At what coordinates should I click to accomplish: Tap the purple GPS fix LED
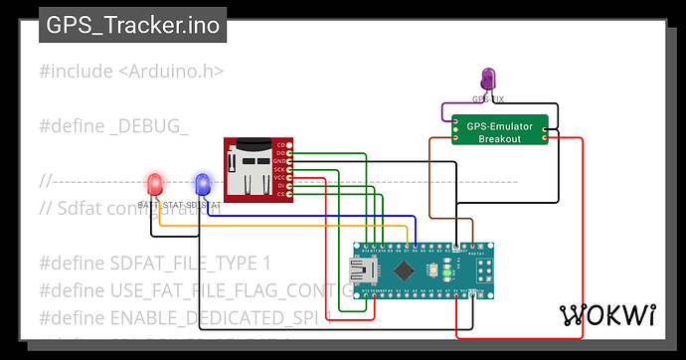click(488, 80)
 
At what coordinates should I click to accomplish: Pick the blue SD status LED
click(203, 184)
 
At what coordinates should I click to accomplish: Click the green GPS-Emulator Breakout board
click(500, 132)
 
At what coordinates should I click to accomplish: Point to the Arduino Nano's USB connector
click(359, 270)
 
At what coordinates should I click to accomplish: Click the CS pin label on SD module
click(281, 194)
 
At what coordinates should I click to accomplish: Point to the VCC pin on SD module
click(281, 177)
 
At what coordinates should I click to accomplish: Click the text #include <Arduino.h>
click(131, 72)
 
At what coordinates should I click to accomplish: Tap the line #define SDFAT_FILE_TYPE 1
click(155, 263)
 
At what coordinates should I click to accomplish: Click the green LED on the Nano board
click(448, 270)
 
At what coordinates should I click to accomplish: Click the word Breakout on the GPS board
click(500, 139)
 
